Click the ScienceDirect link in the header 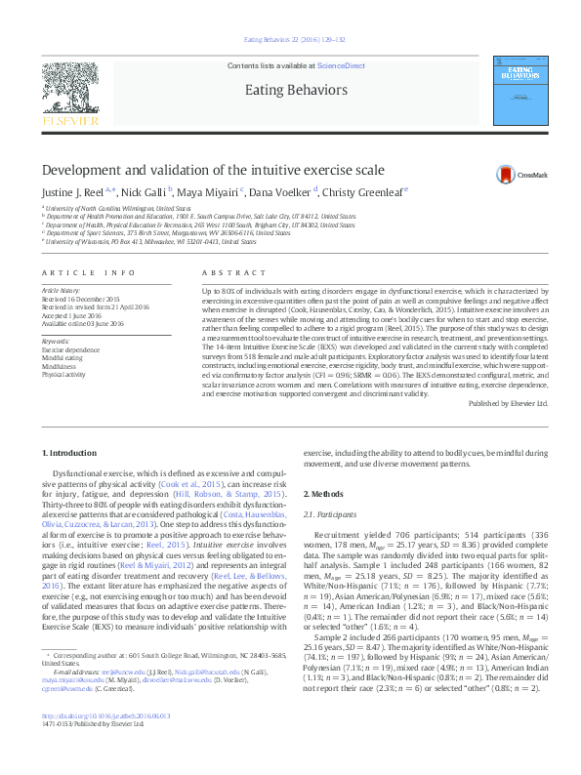coord(342,65)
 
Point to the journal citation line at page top coord(290,39)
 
